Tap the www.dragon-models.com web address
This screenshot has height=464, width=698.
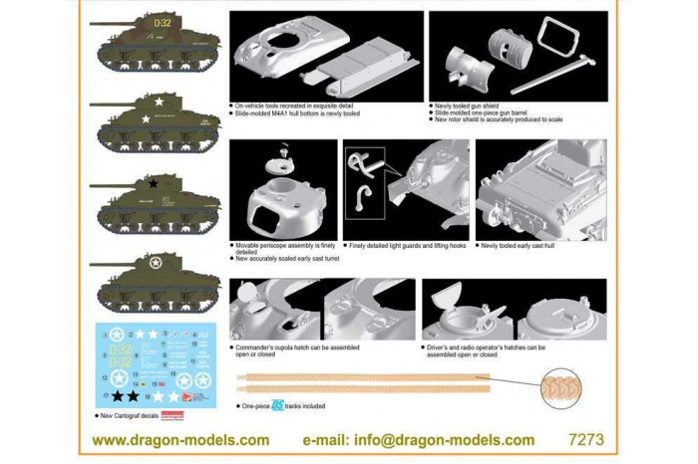(x=180, y=439)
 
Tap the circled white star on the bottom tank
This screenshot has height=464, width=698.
(x=155, y=264)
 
